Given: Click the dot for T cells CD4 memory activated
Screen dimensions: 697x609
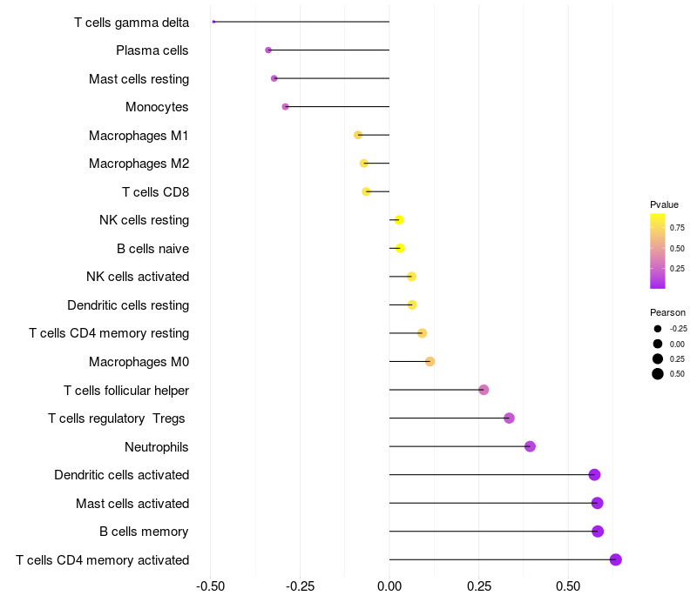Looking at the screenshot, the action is click(616, 559).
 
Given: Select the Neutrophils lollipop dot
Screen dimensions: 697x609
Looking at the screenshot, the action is click(530, 446).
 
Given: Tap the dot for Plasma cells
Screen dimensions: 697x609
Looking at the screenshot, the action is click(268, 50).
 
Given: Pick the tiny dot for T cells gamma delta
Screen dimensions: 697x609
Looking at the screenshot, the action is click(213, 22).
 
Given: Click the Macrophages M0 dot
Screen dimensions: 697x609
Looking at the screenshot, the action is click(430, 361).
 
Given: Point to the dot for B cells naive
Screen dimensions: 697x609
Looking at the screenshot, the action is click(400, 248).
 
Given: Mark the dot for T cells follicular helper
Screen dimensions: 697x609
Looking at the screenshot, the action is click(484, 390).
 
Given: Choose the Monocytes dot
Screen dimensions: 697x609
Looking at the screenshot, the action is click(286, 106).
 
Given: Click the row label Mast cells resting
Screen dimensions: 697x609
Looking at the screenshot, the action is click(139, 79).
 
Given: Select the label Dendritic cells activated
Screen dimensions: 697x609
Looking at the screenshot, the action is click(122, 475).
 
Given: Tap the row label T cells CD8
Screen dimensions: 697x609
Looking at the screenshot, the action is click(156, 192).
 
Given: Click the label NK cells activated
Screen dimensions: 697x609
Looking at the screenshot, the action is click(138, 277).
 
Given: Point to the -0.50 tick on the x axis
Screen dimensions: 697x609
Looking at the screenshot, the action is click(210, 586).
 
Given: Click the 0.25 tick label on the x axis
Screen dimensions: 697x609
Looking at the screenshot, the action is click(479, 586).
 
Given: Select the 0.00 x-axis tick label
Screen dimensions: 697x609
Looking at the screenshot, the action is click(389, 586).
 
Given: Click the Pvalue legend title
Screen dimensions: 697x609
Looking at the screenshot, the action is click(664, 204).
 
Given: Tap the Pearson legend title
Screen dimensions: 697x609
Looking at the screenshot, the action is click(667, 312).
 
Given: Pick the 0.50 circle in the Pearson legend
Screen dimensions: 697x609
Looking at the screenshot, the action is click(658, 374).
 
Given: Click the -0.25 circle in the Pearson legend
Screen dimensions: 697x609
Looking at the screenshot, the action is click(658, 329).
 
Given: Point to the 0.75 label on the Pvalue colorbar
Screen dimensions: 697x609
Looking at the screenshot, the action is click(678, 228).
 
